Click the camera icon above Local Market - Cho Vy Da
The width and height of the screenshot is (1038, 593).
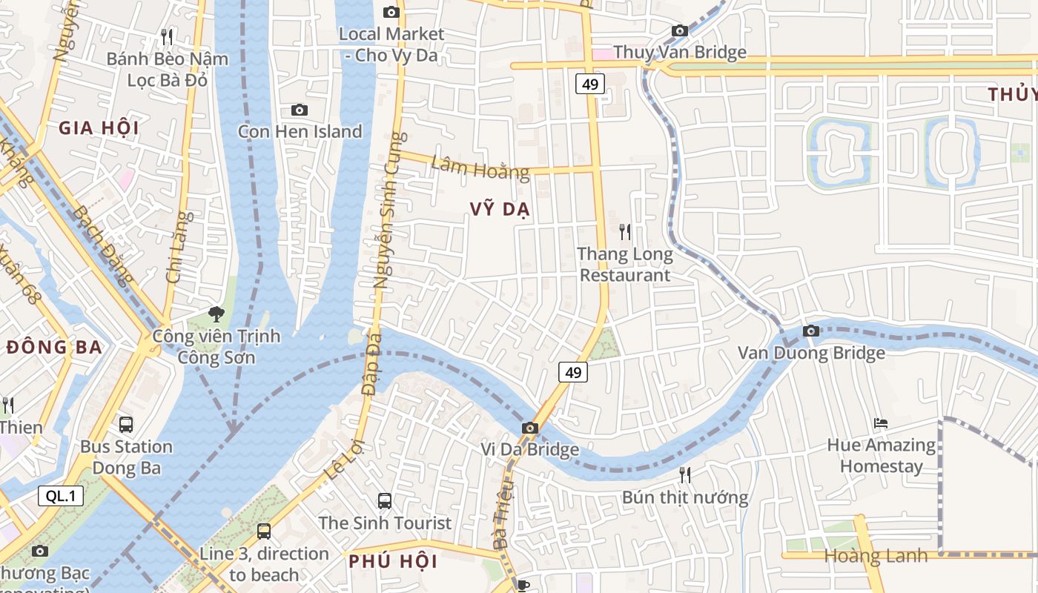point(391,12)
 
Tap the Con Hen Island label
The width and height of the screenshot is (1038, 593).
point(300,131)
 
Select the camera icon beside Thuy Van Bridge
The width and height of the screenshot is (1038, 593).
point(679,30)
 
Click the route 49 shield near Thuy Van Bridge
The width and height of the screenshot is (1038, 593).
point(590,84)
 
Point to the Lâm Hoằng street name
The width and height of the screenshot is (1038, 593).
point(480,168)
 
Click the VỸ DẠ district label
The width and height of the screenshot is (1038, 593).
point(500,210)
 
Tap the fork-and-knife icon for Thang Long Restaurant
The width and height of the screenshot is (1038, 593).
point(625,232)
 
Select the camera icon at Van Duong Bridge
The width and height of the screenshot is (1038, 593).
point(811,331)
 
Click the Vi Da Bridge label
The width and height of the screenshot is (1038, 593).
point(529,449)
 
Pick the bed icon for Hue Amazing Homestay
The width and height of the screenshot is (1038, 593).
point(881,423)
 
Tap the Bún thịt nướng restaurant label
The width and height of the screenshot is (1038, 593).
point(685,497)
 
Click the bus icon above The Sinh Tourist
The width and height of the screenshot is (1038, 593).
point(384,500)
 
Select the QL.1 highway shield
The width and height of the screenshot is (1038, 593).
point(61,496)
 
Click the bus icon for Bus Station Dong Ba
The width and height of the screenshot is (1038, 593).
point(126,425)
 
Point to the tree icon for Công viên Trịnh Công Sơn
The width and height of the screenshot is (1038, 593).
point(216,314)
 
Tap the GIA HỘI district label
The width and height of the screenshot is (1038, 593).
point(99,128)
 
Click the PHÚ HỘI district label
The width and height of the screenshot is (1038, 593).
point(393,561)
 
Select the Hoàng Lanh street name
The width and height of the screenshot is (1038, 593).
point(875,555)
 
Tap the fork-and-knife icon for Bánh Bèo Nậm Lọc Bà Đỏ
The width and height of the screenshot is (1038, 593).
point(167,36)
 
